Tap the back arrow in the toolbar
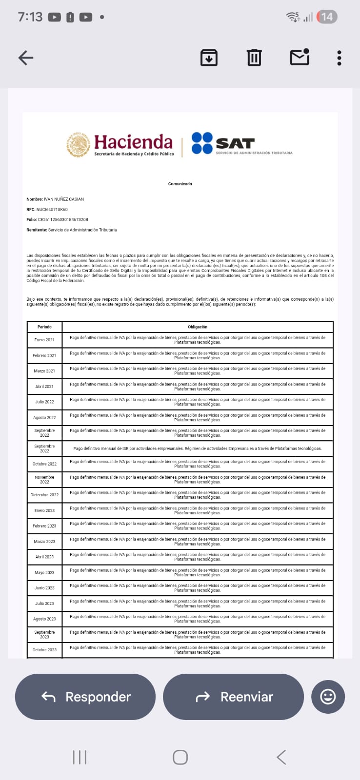pos(26,58)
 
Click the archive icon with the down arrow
pos(209,58)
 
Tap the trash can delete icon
pos(254,58)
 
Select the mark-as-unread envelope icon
pos(300,58)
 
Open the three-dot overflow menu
pos(339,58)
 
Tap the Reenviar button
pos(233,697)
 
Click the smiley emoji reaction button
pos(328,697)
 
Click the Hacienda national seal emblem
pos(78,145)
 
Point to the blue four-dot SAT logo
pos(202,143)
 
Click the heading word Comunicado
pos(180,184)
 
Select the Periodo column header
pos(44,327)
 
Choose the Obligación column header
pos(198,327)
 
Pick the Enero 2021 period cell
pos(44,340)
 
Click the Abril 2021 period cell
pos(44,387)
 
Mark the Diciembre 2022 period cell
pos(44,495)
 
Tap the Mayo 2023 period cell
pos(44,572)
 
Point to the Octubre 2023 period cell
pos(44,650)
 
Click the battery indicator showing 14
pos(327,17)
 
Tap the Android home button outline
pos(180,757)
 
